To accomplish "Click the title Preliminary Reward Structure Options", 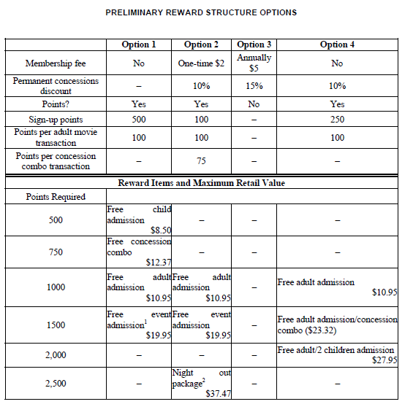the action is pos(201,12).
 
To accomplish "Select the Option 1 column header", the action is pos(139,44).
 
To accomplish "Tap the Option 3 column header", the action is pos(254,44).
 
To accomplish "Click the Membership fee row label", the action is pos(52,63).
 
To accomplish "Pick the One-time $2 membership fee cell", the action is pos(202,63).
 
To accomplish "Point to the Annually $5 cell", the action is pos(254,63).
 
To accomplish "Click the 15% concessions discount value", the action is pos(254,86).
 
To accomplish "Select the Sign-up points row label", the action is pos(56,120).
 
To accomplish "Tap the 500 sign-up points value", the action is pos(139,120).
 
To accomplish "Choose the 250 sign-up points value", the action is pos(337,120).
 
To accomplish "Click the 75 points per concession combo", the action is pos(202,160).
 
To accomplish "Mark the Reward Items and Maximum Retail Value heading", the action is pos(202,182).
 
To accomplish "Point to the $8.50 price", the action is pos(160,230).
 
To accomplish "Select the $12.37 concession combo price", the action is pos(159,262).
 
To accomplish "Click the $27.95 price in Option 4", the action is pos(384,360).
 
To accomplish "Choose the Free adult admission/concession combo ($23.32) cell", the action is pos(337,325).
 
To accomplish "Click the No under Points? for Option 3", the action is pos(254,104).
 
